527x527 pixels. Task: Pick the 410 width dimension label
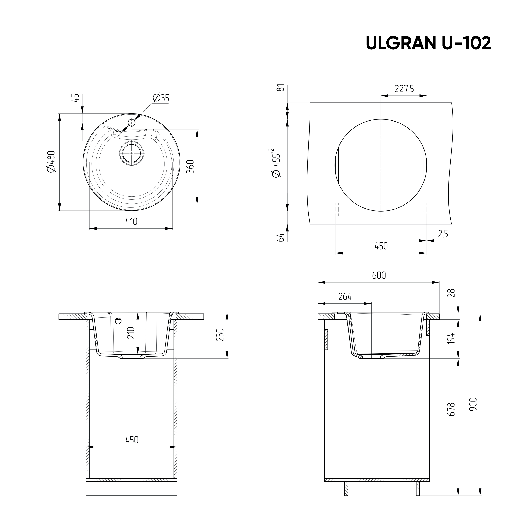point(131,221)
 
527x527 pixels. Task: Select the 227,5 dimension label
point(404,89)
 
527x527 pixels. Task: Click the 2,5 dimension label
point(443,234)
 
